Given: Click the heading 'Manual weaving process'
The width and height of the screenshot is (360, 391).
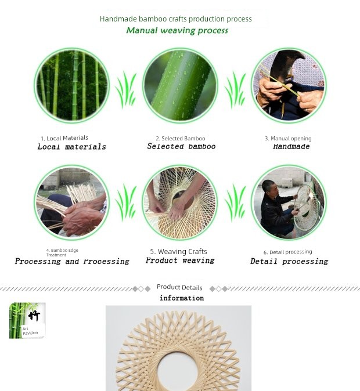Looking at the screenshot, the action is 177,30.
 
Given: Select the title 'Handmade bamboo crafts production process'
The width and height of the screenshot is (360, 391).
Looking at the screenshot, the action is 176,19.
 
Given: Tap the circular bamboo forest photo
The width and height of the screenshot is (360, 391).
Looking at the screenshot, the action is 71,85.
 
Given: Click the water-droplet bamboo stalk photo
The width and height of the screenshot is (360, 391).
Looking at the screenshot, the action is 180,85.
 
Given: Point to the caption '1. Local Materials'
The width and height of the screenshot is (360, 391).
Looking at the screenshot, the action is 64,138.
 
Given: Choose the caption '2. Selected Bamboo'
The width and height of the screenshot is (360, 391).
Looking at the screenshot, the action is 181,139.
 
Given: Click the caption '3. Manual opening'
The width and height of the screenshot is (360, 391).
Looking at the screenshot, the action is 288,139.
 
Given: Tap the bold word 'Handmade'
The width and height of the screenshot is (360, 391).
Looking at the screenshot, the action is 291,146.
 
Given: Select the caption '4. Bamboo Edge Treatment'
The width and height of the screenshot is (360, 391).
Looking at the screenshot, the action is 62,252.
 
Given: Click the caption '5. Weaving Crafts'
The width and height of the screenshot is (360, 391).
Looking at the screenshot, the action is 178,251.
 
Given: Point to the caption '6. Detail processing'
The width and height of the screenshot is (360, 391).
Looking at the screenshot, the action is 288,252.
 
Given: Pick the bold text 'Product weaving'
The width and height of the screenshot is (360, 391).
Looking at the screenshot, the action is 180,260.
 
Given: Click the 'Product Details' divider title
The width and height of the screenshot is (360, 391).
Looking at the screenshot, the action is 179,287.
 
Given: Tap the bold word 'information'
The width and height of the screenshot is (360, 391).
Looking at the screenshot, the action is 182,298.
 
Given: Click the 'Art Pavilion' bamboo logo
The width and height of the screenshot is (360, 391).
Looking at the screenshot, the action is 27,320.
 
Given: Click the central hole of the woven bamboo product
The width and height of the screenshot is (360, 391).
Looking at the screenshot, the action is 178,371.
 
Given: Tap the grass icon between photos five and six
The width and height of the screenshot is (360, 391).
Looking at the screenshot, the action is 235,202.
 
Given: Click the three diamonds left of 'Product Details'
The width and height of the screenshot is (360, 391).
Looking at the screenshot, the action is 141,289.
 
